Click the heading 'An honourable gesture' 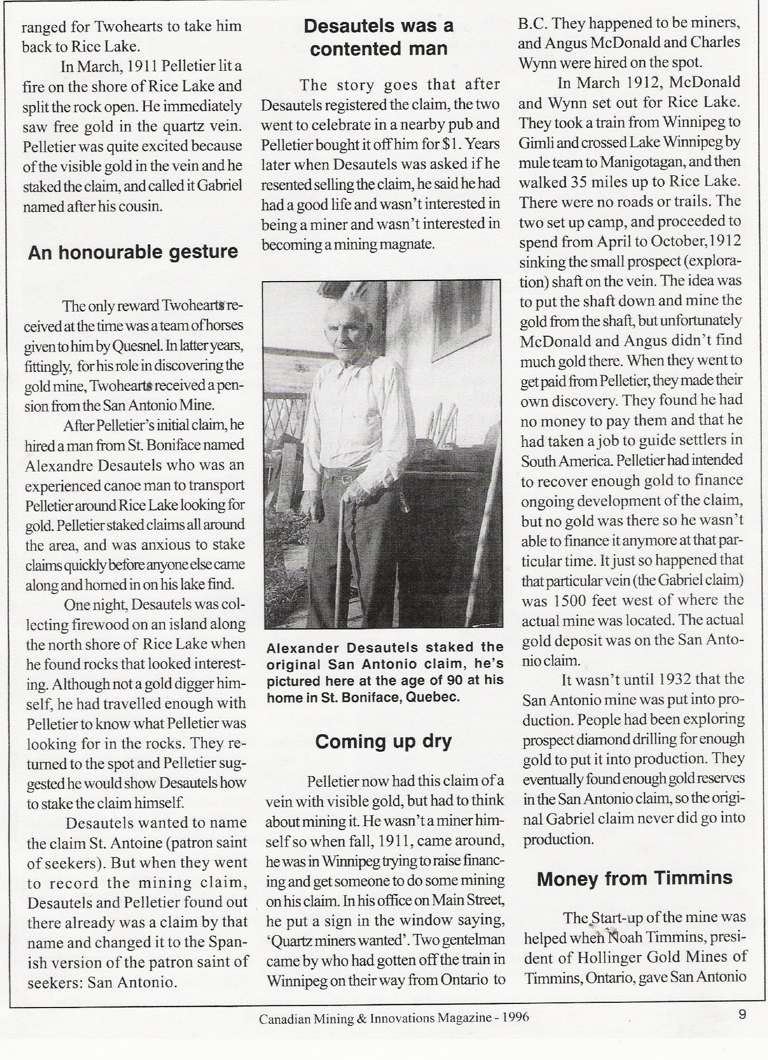(x=133, y=253)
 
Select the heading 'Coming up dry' (x=383, y=742)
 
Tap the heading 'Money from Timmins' (x=634, y=879)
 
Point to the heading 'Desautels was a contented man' (x=378, y=37)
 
